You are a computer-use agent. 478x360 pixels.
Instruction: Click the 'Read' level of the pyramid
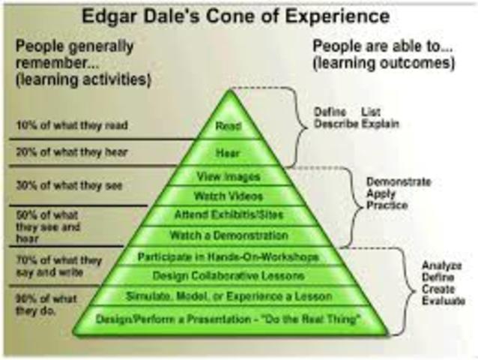point(229,125)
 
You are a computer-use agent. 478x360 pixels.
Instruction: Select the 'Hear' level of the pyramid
point(229,152)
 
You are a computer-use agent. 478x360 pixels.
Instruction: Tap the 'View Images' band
point(229,177)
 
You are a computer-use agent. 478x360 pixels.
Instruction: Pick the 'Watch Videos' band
point(229,196)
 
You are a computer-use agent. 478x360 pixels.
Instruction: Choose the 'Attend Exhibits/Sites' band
point(229,216)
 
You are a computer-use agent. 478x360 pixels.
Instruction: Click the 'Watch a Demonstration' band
point(229,235)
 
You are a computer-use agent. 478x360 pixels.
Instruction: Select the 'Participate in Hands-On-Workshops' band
point(229,256)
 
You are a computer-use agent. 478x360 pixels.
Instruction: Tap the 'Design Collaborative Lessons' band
point(229,276)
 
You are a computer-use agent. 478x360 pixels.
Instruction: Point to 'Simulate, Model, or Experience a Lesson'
point(229,295)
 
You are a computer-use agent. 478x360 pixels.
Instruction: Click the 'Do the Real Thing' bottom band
point(229,319)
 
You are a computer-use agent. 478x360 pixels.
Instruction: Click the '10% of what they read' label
point(72,124)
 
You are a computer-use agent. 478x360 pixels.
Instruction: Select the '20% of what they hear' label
point(72,151)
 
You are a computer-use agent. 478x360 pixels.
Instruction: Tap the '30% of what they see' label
point(69,185)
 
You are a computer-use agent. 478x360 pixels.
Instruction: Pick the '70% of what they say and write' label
point(58,265)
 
